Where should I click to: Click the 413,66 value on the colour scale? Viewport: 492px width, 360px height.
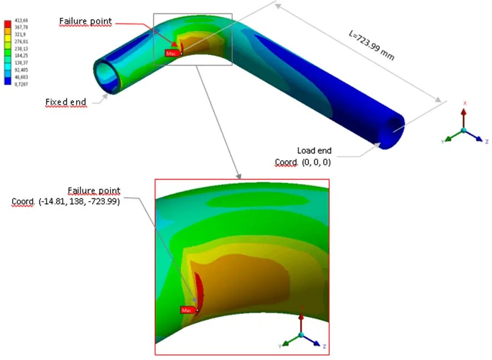coord(21,21)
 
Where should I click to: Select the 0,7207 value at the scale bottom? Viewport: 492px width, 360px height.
coord(21,84)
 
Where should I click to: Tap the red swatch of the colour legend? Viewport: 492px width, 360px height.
coord(8,24)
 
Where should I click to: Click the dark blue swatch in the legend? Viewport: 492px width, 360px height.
coord(8,81)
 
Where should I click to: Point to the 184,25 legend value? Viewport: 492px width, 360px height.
coord(21,56)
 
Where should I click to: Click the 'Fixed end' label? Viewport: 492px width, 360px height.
coord(66,102)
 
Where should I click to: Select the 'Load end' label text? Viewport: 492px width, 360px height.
coord(314,151)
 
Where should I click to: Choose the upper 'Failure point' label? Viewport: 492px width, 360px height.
coord(86,22)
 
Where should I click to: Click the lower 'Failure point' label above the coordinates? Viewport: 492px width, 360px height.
coord(94,191)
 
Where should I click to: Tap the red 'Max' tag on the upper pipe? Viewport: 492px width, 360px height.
coord(172,53)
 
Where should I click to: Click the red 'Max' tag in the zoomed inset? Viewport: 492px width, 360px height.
coord(187,310)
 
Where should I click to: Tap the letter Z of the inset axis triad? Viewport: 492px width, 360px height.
coord(324,347)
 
